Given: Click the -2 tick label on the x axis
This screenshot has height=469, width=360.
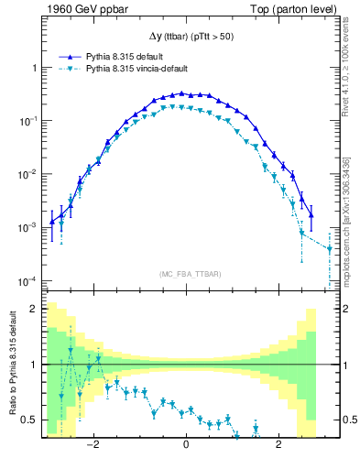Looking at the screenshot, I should point(93,445).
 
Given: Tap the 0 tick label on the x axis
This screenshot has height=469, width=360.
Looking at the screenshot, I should point(187,445).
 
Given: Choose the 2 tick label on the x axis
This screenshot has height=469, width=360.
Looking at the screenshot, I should point(279,445).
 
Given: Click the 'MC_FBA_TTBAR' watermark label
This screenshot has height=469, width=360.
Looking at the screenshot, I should point(187,274).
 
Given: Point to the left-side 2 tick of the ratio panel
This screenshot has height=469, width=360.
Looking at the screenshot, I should point(35,309).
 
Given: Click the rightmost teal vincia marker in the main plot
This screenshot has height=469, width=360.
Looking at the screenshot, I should point(329,248).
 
